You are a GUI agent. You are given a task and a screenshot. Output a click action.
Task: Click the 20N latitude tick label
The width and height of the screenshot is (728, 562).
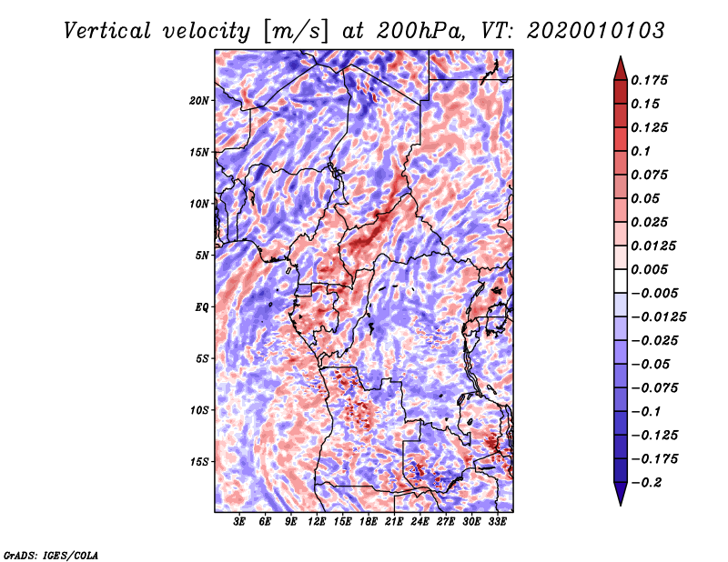(x=199, y=100)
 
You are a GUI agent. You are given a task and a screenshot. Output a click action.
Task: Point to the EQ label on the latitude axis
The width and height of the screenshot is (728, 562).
(x=201, y=307)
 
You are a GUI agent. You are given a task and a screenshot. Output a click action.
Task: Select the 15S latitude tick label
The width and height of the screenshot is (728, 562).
(x=199, y=462)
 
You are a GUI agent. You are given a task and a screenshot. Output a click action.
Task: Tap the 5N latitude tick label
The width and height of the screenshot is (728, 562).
(x=202, y=256)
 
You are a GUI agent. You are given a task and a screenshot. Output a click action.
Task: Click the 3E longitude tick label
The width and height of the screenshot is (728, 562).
(x=240, y=522)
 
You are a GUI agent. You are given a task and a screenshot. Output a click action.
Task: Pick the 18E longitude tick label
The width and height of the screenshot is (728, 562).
(x=369, y=522)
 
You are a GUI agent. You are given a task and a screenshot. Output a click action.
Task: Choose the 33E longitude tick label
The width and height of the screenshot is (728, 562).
(x=497, y=522)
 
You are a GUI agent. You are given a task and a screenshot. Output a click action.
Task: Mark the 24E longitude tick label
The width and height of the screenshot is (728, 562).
(x=420, y=522)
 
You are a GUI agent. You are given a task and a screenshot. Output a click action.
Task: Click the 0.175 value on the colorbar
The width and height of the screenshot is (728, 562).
(x=651, y=81)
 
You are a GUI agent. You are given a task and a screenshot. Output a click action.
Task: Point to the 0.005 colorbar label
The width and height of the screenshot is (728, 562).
(x=651, y=270)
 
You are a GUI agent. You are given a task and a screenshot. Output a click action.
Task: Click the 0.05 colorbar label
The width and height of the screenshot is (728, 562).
(x=647, y=198)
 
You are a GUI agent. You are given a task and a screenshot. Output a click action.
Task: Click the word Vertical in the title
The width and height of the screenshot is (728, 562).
(x=107, y=30)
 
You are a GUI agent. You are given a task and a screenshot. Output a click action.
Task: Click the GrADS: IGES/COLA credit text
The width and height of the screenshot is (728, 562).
(x=51, y=554)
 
